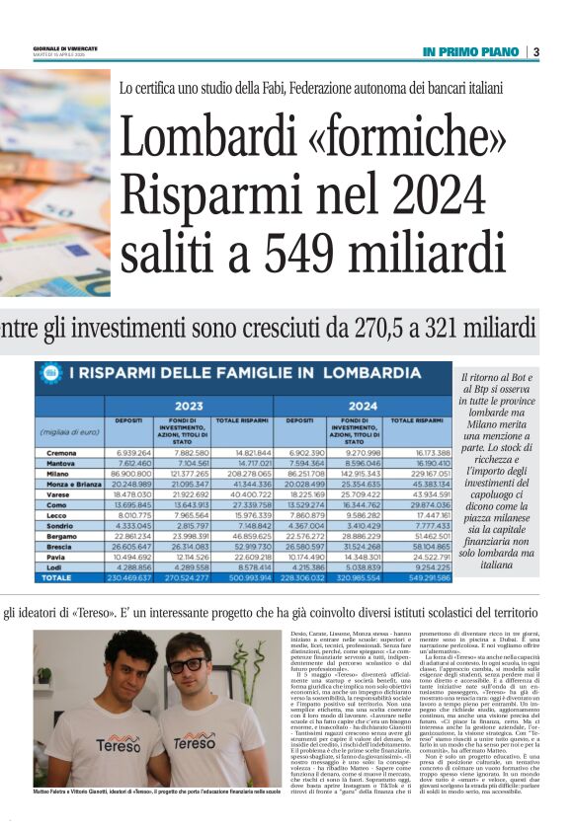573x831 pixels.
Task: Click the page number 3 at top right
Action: (536, 51)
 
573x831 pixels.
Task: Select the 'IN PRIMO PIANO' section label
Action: (470, 51)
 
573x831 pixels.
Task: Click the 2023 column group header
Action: (188, 405)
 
